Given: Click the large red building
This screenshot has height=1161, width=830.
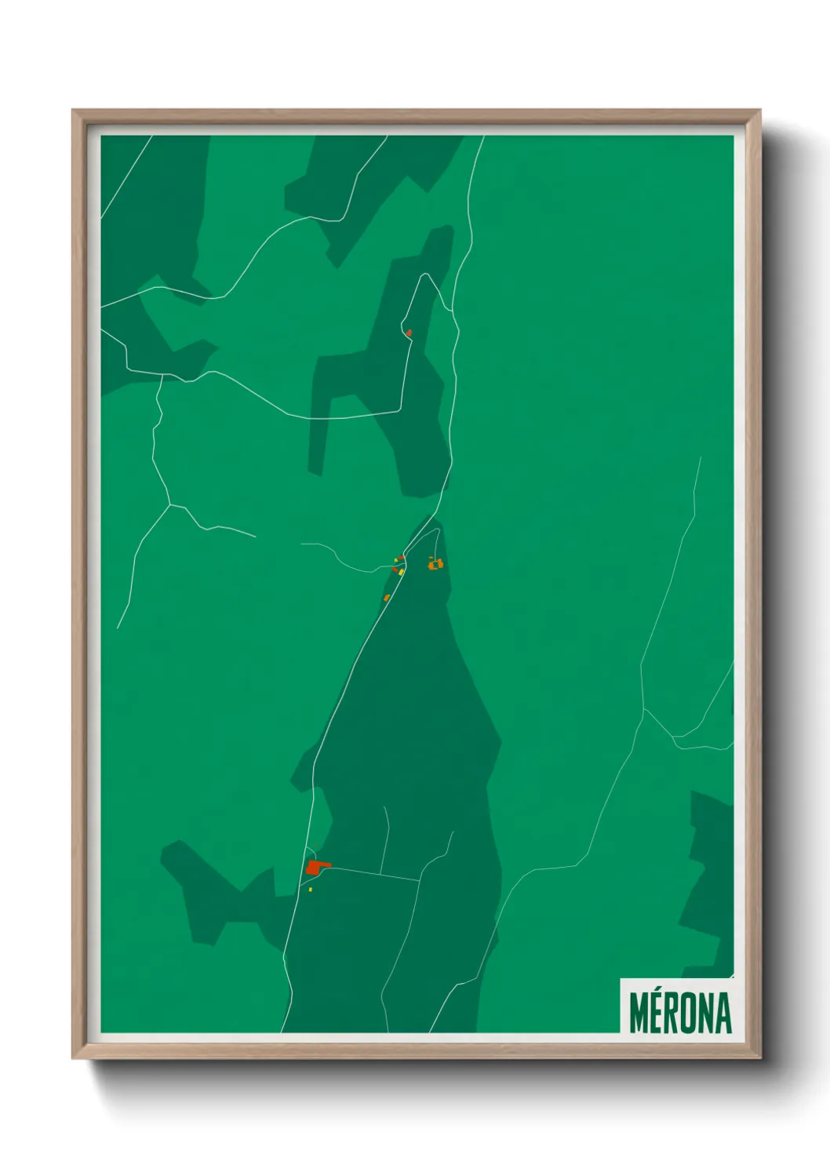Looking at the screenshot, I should (x=316, y=868).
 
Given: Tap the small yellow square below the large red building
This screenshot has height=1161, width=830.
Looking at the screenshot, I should (x=311, y=890).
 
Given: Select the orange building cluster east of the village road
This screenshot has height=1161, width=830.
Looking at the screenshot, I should (x=435, y=563).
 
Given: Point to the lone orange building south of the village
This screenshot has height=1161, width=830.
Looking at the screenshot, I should (x=387, y=598).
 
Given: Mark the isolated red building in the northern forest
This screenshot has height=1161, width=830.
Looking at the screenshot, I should (x=409, y=333).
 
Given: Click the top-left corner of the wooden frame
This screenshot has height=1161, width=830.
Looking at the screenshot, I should (x=74, y=111).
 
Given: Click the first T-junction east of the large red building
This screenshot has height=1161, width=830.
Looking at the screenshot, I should (x=380, y=874).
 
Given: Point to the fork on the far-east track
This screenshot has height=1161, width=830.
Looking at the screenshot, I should (x=644, y=710).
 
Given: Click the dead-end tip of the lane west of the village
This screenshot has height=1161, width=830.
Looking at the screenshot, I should (x=301, y=544).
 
